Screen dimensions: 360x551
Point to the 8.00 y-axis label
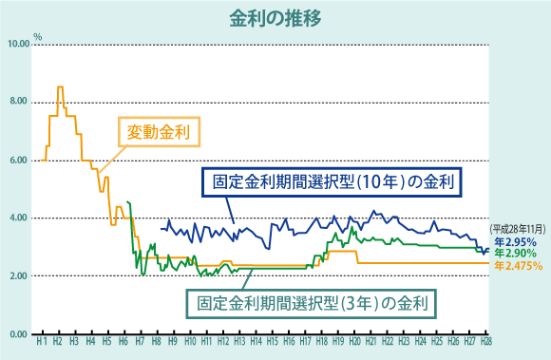(20, 103)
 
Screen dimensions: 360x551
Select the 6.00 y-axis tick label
(20, 161)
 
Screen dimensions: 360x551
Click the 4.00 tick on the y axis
(20, 218)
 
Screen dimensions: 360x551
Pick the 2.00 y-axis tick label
(20, 276)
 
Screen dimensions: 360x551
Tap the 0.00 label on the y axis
(20, 334)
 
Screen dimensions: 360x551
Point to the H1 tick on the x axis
(41, 341)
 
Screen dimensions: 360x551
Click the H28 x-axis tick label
(485, 341)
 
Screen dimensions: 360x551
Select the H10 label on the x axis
(190, 341)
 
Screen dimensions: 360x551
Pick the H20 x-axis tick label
(354, 341)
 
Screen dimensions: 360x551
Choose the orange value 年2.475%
(518, 267)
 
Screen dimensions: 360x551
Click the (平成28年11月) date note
(518, 230)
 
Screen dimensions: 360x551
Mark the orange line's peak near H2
(61, 87)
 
